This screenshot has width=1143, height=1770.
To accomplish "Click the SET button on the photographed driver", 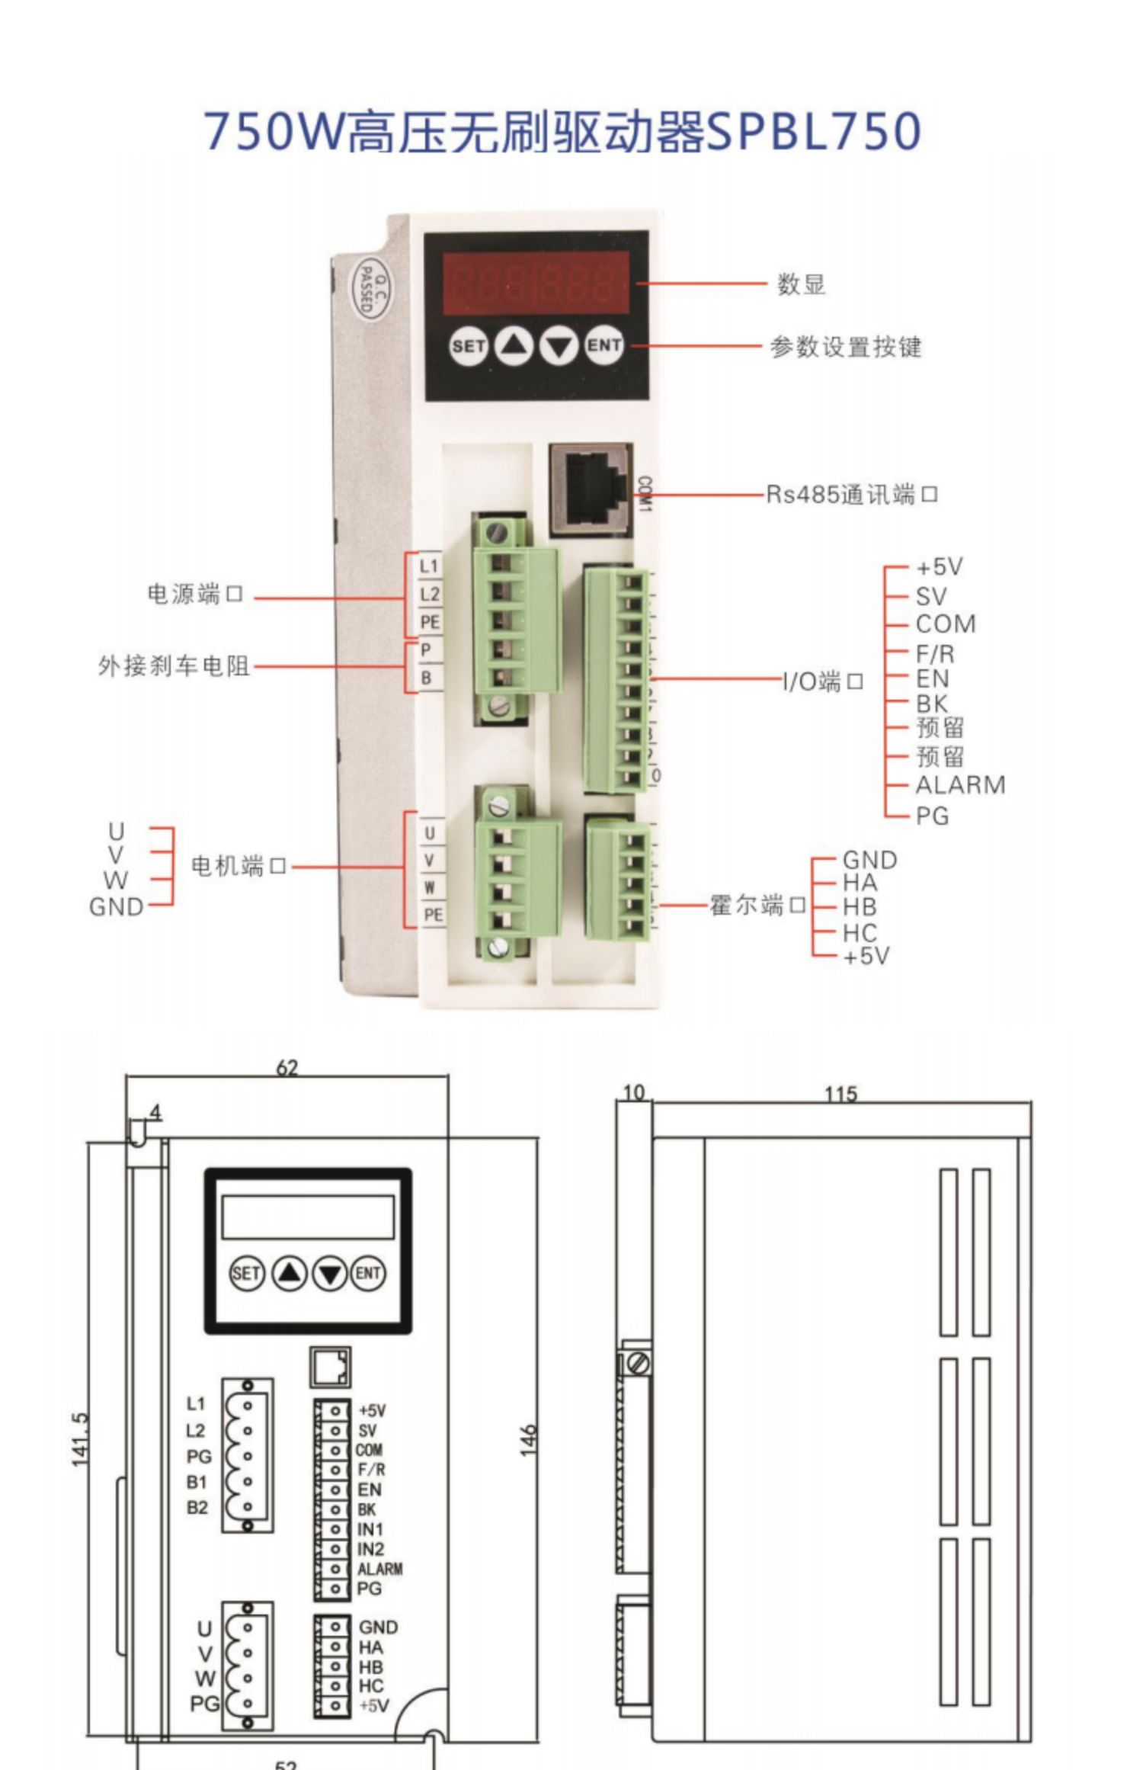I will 468,346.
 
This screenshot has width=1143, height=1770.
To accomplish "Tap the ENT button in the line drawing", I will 368,1273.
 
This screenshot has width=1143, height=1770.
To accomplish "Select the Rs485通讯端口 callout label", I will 851,495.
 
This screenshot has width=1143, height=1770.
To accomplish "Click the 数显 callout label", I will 801,284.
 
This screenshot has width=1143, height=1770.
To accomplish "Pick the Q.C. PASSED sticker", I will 367,290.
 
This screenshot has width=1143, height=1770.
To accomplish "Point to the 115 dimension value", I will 840,1095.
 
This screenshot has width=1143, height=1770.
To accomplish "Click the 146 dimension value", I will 528,1440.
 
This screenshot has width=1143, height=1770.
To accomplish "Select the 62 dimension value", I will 287,1068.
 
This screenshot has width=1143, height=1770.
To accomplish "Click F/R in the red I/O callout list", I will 935,653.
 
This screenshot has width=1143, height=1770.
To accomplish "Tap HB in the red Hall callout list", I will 860,907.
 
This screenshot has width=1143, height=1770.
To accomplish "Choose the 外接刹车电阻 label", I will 174,666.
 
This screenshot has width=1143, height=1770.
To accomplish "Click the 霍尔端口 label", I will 757,906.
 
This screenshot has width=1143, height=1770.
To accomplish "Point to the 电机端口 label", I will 239,866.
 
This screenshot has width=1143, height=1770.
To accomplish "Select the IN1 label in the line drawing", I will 370,1529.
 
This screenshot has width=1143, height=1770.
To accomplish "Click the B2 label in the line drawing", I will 197,1507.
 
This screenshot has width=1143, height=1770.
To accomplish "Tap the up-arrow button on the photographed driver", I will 514,346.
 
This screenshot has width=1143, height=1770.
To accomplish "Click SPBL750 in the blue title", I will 815,131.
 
